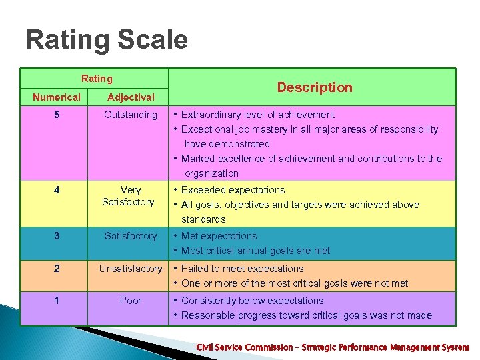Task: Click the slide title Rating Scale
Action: [107, 40]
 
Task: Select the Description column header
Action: [315, 87]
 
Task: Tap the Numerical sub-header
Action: [57, 97]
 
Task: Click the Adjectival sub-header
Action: [131, 97]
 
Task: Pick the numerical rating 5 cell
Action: [57, 115]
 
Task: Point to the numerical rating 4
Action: [57, 190]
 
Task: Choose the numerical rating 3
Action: [57, 236]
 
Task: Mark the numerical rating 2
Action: [57, 269]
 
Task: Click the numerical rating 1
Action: [57, 301]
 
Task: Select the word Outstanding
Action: [131, 115]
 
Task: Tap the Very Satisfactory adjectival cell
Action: [129, 196]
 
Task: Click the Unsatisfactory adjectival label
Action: [131, 269]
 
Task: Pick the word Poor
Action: [131, 301]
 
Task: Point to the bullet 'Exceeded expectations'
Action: [233, 190]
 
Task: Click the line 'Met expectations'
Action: [219, 236]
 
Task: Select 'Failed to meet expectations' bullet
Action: [242, 269]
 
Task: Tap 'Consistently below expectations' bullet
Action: [252, 301]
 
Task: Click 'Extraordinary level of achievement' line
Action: [257, 115]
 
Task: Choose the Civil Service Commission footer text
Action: [332, 347]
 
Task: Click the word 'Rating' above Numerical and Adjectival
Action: [97, 79]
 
